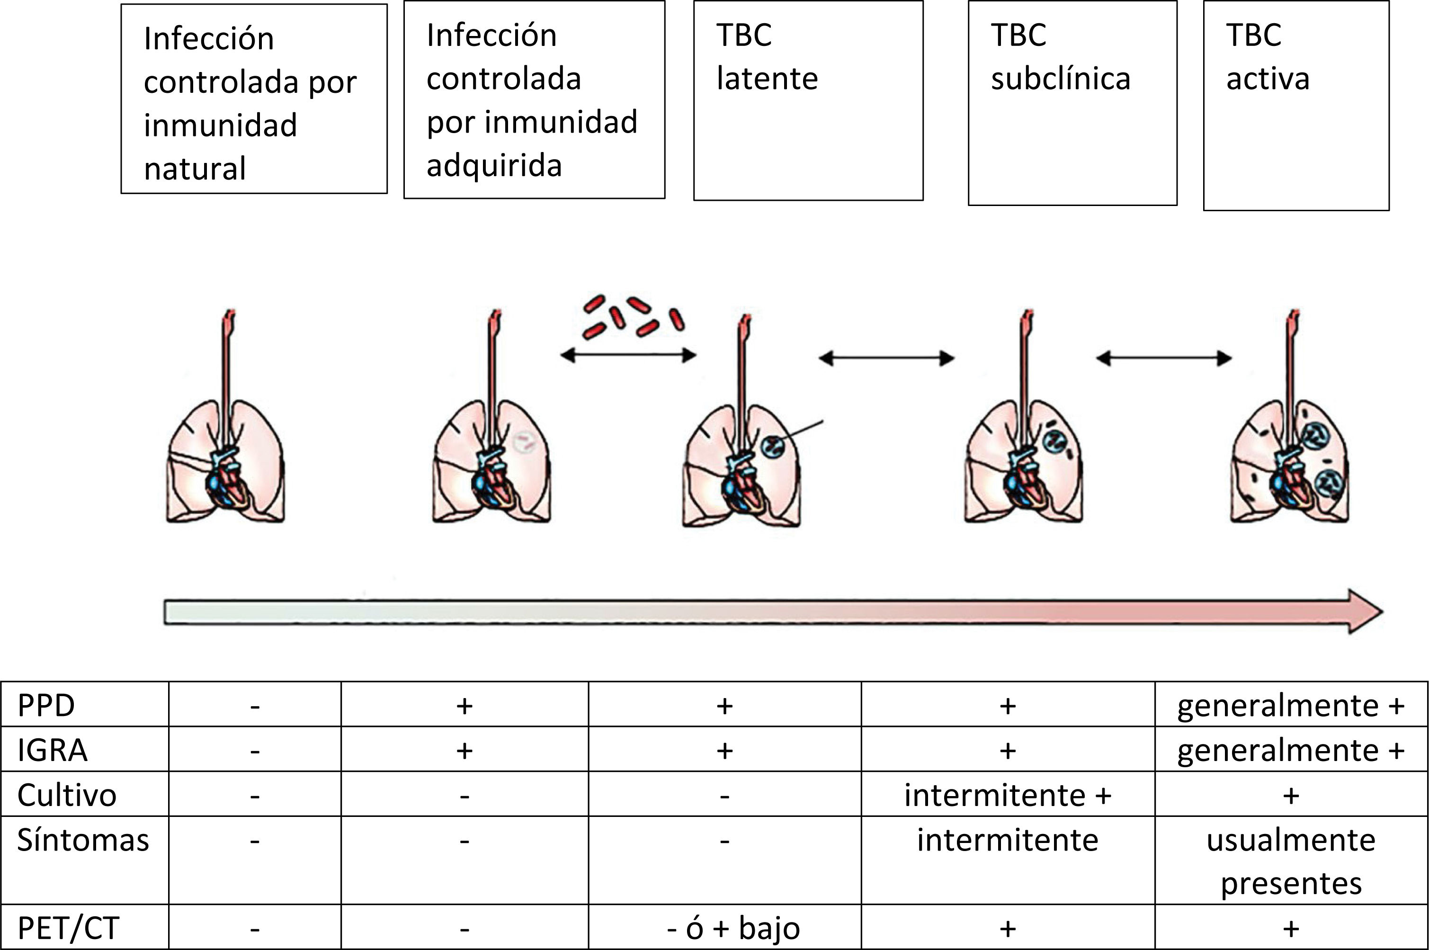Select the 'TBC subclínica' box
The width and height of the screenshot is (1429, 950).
1072,103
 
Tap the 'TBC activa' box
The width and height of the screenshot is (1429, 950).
1296,106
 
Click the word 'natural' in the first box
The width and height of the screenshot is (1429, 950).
195,169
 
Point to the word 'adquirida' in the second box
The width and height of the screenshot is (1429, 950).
494,165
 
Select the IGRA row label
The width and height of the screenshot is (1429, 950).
53,750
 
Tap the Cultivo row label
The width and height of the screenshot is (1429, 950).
67,795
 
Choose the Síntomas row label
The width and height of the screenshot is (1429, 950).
83,840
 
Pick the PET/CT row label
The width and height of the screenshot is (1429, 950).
68,928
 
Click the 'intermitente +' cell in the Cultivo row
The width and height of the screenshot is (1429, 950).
1008,795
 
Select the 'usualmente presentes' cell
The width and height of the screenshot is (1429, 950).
1291,861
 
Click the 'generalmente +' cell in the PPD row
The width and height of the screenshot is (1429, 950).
1291,705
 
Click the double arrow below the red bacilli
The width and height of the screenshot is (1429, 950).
627,356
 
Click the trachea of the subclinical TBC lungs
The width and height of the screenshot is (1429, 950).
1024,376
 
